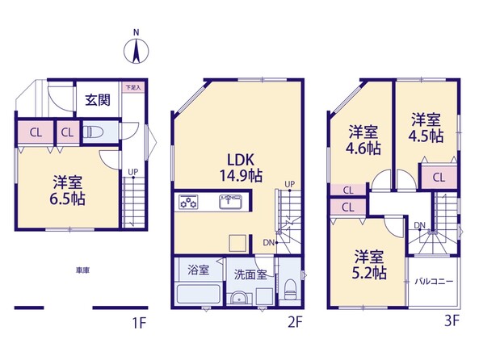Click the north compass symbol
click(137, 49)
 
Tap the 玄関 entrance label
click(98, 100)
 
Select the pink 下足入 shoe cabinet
click(133, 87)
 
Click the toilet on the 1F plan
click(93, 132)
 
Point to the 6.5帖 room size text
click(68, 199)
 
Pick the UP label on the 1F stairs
click(133, 172)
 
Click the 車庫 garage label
click(82, 270)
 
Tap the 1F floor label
click(140, 322)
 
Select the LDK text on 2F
click(241, 160)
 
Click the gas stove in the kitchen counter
click(188, 202)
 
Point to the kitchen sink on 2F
click(231, 202)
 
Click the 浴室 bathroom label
click(198, 270)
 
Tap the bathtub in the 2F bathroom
click(199, 295)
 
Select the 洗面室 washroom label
click(250, 274)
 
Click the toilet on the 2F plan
click(290, 289)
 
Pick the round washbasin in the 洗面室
click(239, 299)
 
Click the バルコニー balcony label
click(434, 282)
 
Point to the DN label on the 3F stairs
click(420, 225)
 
